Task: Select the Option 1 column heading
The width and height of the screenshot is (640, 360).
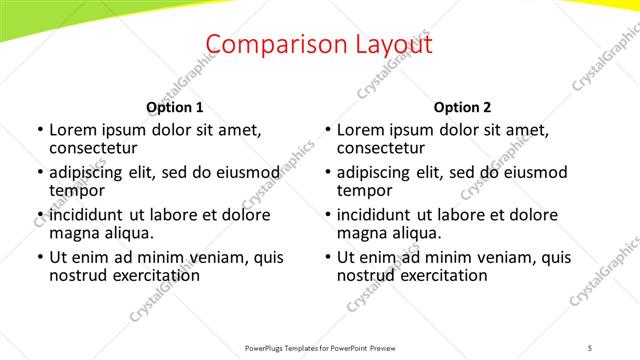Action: pos(175,107)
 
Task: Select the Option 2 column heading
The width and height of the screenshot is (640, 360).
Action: pos(463,107)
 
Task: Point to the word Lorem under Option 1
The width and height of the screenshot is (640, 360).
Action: pos(72,130)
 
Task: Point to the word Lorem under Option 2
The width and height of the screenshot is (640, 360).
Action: pos(360,130)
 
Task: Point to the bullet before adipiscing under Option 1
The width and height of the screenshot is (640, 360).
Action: pos(41,174)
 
